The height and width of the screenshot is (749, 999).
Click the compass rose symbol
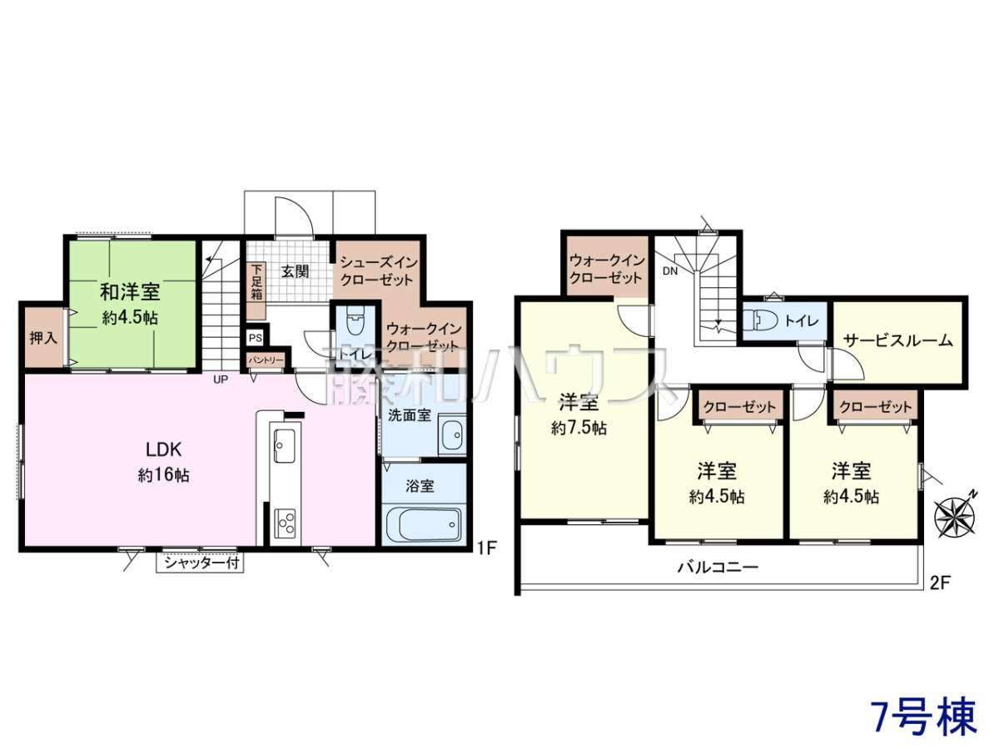(x=954, y=516)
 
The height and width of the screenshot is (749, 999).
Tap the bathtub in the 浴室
(x=424, y=524)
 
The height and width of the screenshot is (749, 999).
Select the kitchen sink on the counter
(x=285, y=446)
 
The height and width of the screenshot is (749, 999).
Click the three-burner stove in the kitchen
(x=285, y=523)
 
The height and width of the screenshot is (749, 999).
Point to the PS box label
(x=256, y=338)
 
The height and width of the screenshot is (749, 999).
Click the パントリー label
(x=266, y=360)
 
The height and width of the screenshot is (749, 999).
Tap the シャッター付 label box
(x=200, y=563)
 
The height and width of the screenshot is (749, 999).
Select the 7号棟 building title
(x=923, y=717)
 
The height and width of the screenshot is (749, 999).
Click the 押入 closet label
(x=43, y=338)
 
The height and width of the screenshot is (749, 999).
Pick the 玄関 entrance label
(x=295, y=271)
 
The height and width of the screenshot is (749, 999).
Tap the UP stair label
(x=221, y=379)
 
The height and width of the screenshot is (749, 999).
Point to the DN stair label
(x=670, y=271)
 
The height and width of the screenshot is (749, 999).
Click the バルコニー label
(x=718, y=567)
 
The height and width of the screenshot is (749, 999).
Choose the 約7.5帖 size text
(x=579, y=428)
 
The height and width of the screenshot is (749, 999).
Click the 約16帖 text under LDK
(x=164, y=475)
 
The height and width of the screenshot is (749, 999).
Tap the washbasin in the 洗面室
(x=452, y=434)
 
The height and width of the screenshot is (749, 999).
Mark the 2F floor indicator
(x=941, y=583)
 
